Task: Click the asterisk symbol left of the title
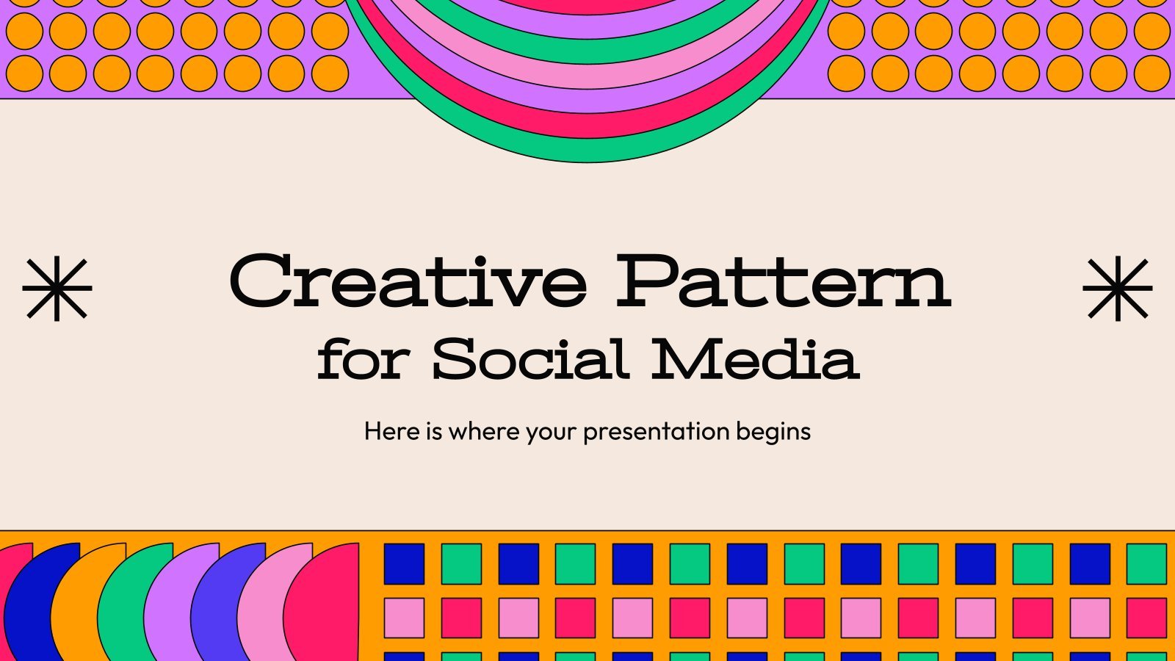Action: point(57,288)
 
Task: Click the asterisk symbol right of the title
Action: point(1117,288)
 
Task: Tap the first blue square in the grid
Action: point(404,564)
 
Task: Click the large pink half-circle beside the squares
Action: point(325,603)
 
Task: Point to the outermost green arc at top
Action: point(587,153)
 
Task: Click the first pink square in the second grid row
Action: point(404,618)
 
